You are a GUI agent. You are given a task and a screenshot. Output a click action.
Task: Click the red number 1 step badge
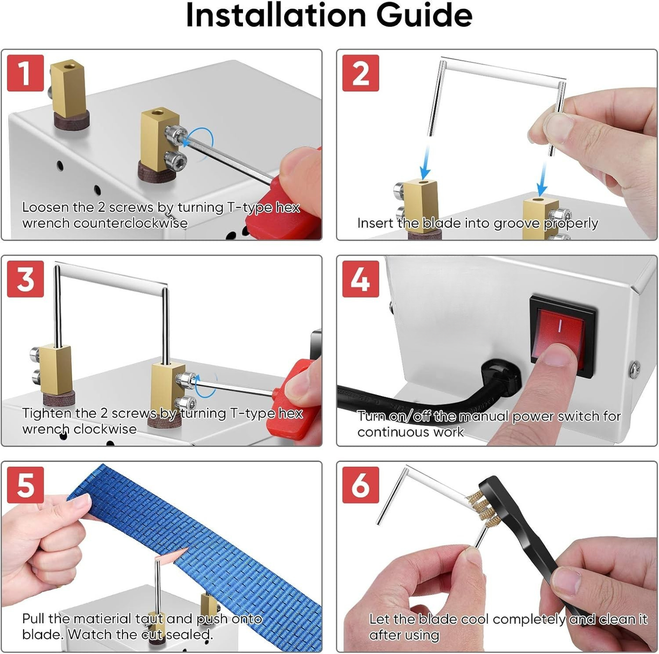tap(25, 74)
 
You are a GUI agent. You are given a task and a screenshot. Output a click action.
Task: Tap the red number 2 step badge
tap(360, 74)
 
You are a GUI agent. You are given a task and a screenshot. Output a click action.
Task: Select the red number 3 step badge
tap(25, 279)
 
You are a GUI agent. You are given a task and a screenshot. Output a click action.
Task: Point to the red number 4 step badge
tap(360, 279)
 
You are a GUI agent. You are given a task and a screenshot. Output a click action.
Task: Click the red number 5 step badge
tap(25, 485)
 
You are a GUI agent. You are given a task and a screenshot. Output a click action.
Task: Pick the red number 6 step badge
tap(360, 485)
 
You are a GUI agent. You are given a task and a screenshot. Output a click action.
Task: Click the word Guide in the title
tap(424, 15)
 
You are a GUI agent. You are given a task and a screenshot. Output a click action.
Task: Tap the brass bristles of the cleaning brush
tap(480, 507)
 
